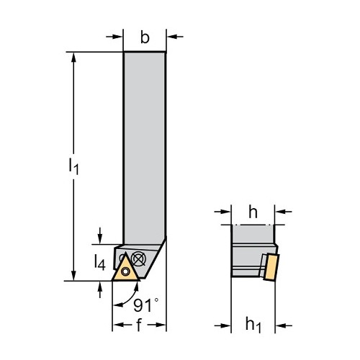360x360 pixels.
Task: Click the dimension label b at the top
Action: [145, 37]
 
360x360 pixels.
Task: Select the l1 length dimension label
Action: [73, 166]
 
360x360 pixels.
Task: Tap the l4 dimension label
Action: [99, 262]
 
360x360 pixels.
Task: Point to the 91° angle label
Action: [145, 305]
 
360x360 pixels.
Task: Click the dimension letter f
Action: [139, 325]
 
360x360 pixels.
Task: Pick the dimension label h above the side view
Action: [253, 212]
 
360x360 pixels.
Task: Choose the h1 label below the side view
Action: [253, 325]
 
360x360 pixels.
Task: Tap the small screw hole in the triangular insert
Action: [125, 271]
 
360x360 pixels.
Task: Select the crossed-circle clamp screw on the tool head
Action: [139, 258]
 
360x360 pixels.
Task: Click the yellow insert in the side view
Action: [271, 267]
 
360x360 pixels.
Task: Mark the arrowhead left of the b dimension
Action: [118, 37]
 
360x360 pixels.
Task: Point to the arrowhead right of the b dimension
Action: [172, 37]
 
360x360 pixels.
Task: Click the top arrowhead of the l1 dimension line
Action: [73, 57]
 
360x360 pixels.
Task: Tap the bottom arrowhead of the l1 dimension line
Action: [73, 276]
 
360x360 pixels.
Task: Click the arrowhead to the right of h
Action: [280, 212]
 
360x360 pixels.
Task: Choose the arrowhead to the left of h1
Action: [225, 325]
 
